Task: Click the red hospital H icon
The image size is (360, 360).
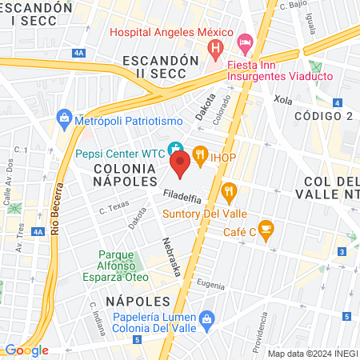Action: click(x=214, y=50)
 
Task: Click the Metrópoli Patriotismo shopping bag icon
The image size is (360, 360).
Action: click(x=65, y=120)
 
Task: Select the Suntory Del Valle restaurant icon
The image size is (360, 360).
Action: click(x=230, y=190)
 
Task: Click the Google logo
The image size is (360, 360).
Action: click(x=26, y=350)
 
